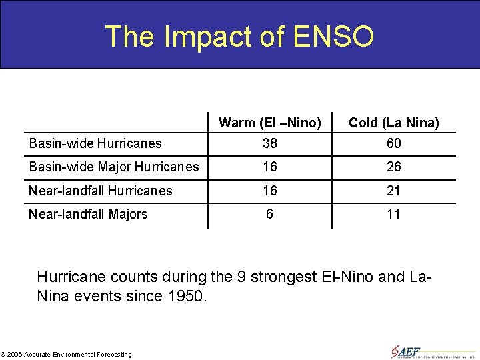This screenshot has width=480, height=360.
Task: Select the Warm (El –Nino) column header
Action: (x=270, y=123)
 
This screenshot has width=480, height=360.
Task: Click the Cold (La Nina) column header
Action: (x=394, y=123)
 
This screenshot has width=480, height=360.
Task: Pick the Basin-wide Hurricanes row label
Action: (x=95, y=143)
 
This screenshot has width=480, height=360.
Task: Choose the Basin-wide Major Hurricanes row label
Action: (x=113, y=167)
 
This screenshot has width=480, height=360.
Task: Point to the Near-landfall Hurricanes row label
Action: (x=100, y=191)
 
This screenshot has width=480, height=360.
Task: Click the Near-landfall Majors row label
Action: (x=88, y=214)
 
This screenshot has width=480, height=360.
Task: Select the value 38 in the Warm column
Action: (x=270, y=143)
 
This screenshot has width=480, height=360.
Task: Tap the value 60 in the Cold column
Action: (x=394, y=143)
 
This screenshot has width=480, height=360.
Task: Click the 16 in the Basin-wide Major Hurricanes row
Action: (x=270, y=167)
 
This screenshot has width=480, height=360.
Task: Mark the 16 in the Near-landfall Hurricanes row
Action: (x=270, y=191)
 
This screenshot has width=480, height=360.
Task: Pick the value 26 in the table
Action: (x=394, y=167)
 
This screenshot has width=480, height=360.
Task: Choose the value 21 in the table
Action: (x=394, y=191)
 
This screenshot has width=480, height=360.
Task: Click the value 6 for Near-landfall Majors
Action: (x=270, y=214)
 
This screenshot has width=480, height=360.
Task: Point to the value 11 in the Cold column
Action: (x=394, y=214)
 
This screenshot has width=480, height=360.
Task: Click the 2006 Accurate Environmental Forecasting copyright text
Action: (x=67, y=354)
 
